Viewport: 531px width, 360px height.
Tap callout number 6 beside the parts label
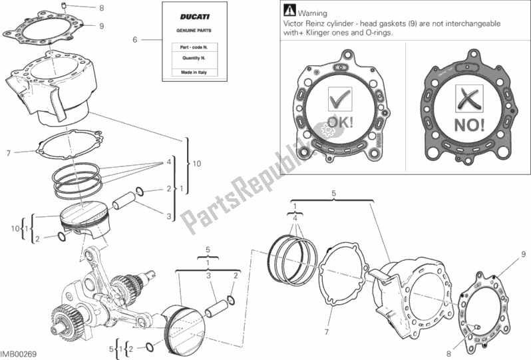134,40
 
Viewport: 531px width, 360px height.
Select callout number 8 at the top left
102,9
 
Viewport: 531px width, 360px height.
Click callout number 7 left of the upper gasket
9,153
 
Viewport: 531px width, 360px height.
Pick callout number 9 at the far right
524,254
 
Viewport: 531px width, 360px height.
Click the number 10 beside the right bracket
198,162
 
